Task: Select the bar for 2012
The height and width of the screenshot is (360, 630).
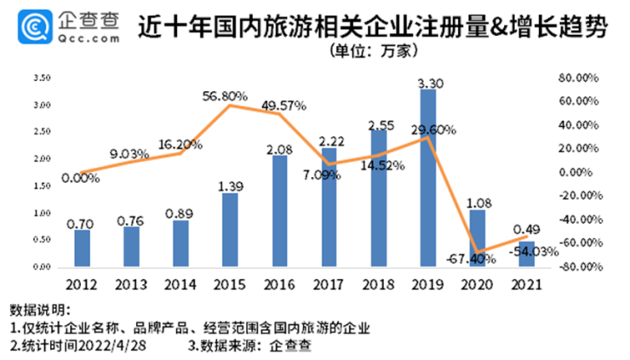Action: pos(82,248)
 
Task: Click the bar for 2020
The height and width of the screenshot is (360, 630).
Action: pos(478,237)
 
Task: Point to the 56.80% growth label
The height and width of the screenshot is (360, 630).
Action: pos(225,96)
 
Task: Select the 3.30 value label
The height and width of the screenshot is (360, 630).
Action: pos(428,83)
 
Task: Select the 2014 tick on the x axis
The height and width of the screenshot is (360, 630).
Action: pos(180,282)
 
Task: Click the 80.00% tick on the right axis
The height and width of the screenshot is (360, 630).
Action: pos(581,77)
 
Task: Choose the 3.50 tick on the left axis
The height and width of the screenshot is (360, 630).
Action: pos(43,77)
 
